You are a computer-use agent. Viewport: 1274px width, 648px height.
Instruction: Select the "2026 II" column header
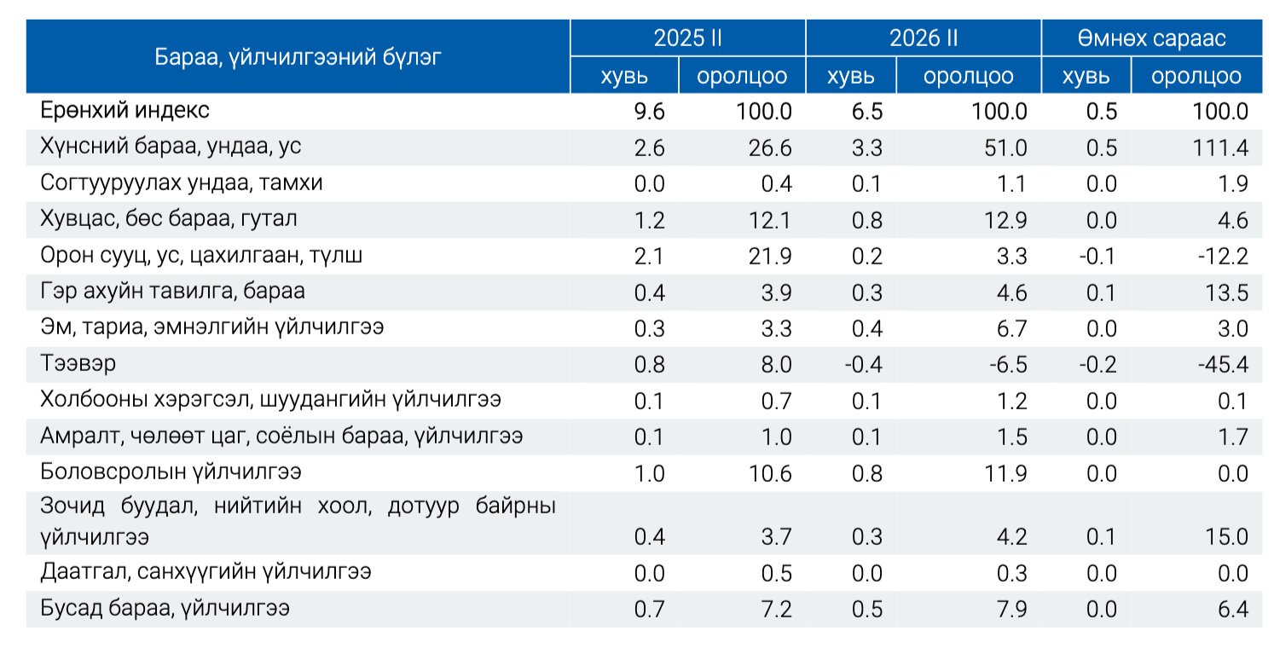point(923,38)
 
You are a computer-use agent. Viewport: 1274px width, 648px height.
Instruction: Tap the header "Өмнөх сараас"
point(1150,38)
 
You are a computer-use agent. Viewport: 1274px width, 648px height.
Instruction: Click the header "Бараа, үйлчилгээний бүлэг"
point(298,57)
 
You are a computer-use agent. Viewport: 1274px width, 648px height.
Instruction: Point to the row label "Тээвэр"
point(78,364)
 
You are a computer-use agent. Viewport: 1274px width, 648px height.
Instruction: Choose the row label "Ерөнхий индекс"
point(124,111)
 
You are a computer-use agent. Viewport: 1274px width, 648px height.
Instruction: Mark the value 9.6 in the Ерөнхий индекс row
point(650,111)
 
